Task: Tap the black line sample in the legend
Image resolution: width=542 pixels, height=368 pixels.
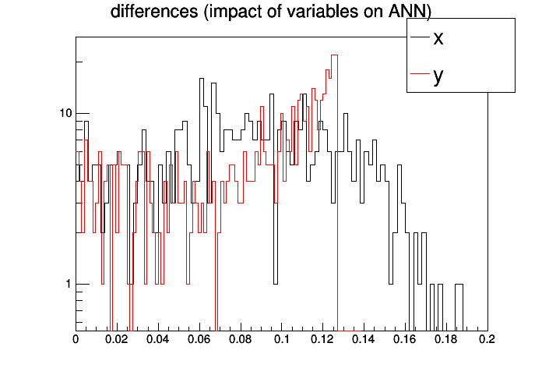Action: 420,37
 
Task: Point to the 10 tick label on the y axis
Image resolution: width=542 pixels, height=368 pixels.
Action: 65,113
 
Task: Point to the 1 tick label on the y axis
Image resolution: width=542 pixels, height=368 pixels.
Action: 68,285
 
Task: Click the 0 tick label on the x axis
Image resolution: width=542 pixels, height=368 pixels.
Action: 76,340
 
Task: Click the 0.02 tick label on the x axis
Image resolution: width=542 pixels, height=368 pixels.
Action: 117,340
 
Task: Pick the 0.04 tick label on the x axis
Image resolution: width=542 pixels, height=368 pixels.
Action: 158,340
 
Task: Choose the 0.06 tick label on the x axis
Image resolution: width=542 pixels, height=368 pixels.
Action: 199,340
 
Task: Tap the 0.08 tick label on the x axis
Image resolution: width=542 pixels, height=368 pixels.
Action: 241,340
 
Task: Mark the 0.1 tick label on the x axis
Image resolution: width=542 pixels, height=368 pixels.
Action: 282,340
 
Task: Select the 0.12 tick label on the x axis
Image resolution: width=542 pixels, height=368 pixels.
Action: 323,340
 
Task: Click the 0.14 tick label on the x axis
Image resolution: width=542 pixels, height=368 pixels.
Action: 364,340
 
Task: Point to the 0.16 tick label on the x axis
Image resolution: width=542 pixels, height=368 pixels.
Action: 406,340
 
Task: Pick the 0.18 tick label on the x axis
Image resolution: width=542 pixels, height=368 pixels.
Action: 447,340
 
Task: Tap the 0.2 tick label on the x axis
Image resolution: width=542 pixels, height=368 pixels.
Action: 487,340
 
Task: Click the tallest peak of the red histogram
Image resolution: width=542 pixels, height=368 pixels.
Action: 334,55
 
